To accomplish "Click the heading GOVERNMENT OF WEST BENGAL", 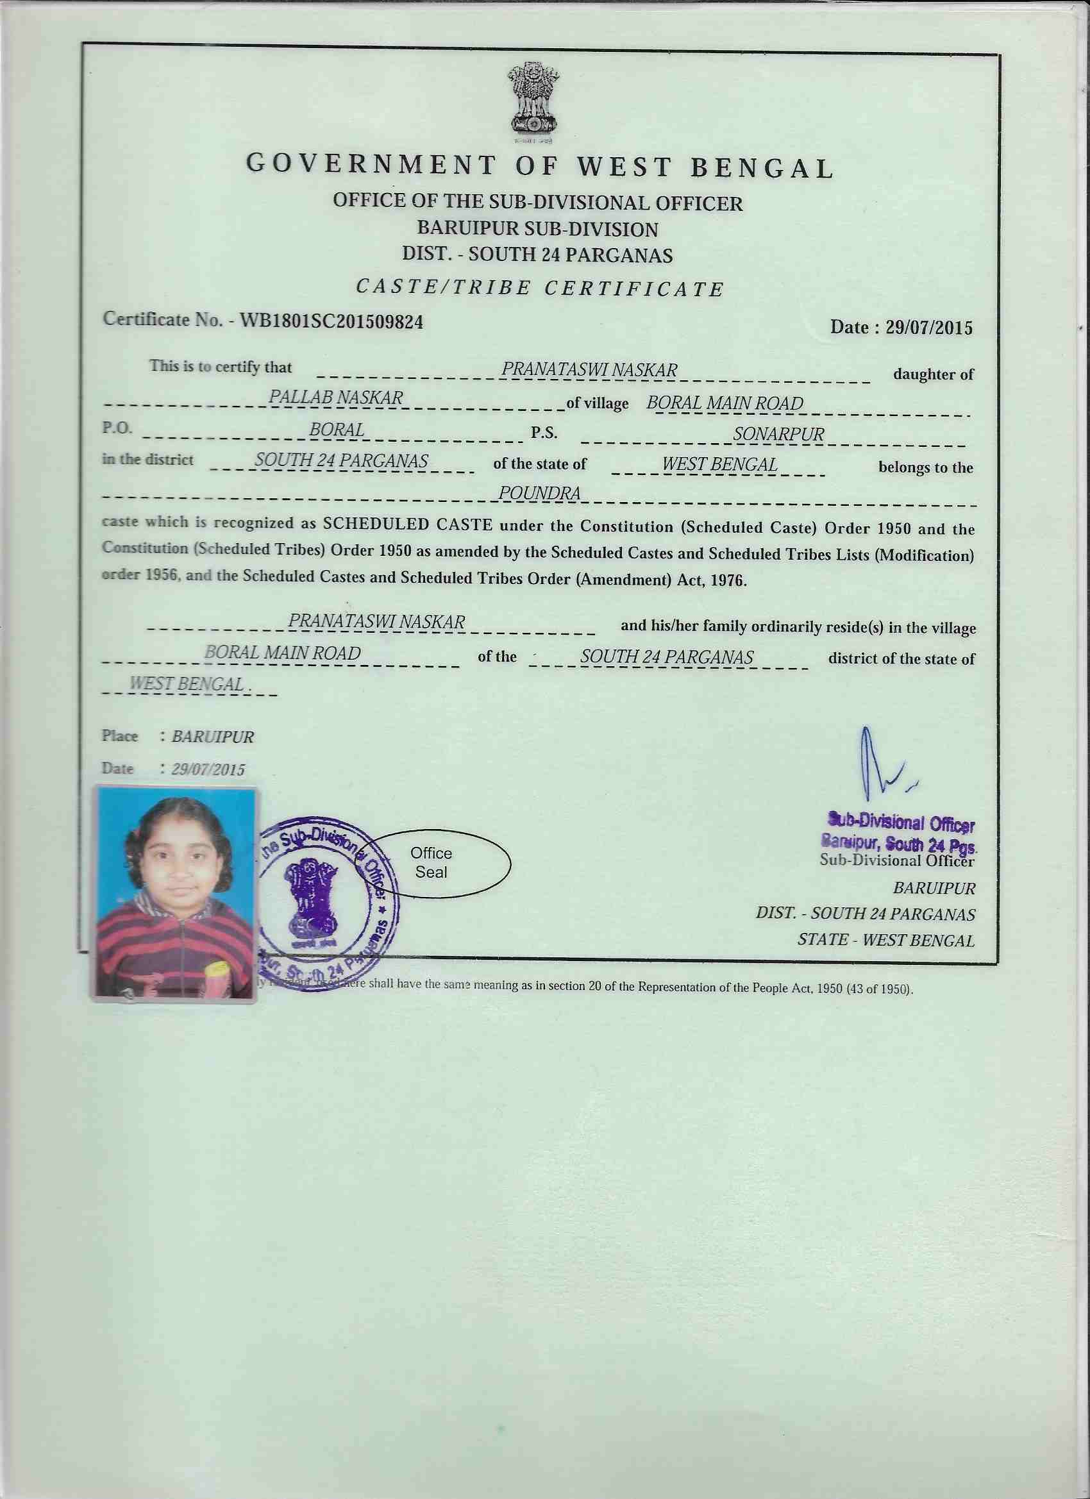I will point(539,167).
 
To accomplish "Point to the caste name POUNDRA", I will point(539,493).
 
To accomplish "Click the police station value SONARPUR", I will point(778,434).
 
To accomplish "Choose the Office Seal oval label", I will point(432,862).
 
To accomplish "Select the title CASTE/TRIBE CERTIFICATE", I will point(539,289).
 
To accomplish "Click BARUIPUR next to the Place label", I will point(212,737).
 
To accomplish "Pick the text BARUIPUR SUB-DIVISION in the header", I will point(537,230).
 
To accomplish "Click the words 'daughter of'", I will point(933,374).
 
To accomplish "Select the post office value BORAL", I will point(337,430).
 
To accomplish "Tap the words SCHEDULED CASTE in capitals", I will point(407,525).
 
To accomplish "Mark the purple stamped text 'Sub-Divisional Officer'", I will point(901,823).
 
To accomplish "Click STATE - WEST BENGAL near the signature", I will point(885,940).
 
